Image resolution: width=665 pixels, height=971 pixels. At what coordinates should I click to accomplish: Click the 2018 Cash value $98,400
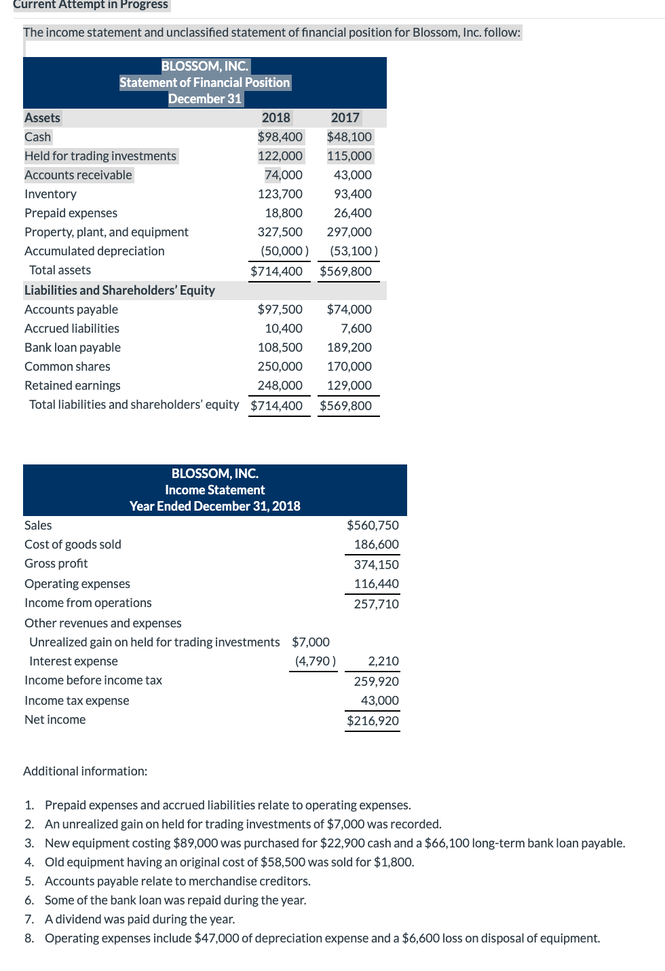[x=280, y=136]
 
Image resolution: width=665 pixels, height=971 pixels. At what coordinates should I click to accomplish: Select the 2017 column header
[x=345, y=117]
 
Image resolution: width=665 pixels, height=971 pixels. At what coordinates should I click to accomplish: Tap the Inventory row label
[x=50, y=194]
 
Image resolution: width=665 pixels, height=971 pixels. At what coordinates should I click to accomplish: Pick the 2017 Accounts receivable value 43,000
[x=352, y=175]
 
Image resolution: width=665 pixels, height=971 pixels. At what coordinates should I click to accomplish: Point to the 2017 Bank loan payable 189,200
[x=349, y=347]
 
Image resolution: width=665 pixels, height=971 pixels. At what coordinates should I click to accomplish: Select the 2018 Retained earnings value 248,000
[x=280, y=385]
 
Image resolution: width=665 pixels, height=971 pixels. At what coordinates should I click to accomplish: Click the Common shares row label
[x=67, y=366]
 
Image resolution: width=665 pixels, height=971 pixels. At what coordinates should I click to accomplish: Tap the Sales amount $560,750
[x=373, y=525]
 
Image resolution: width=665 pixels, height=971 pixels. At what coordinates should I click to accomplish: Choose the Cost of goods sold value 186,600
[x=376, y=544]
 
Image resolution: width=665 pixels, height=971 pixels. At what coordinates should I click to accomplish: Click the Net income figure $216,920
[x=373, y=720]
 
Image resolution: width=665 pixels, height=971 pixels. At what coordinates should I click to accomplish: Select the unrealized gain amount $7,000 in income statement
[x=311, y=642]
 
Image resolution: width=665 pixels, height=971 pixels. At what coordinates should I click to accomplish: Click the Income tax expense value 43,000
[x=379, y=700]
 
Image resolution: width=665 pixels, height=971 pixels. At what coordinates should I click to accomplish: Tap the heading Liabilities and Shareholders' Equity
[x=119, y=290]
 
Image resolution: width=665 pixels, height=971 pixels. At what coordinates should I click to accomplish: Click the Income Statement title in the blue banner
[x=214, y=490]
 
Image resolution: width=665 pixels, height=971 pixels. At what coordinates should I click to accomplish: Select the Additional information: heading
[x=85, y=771]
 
